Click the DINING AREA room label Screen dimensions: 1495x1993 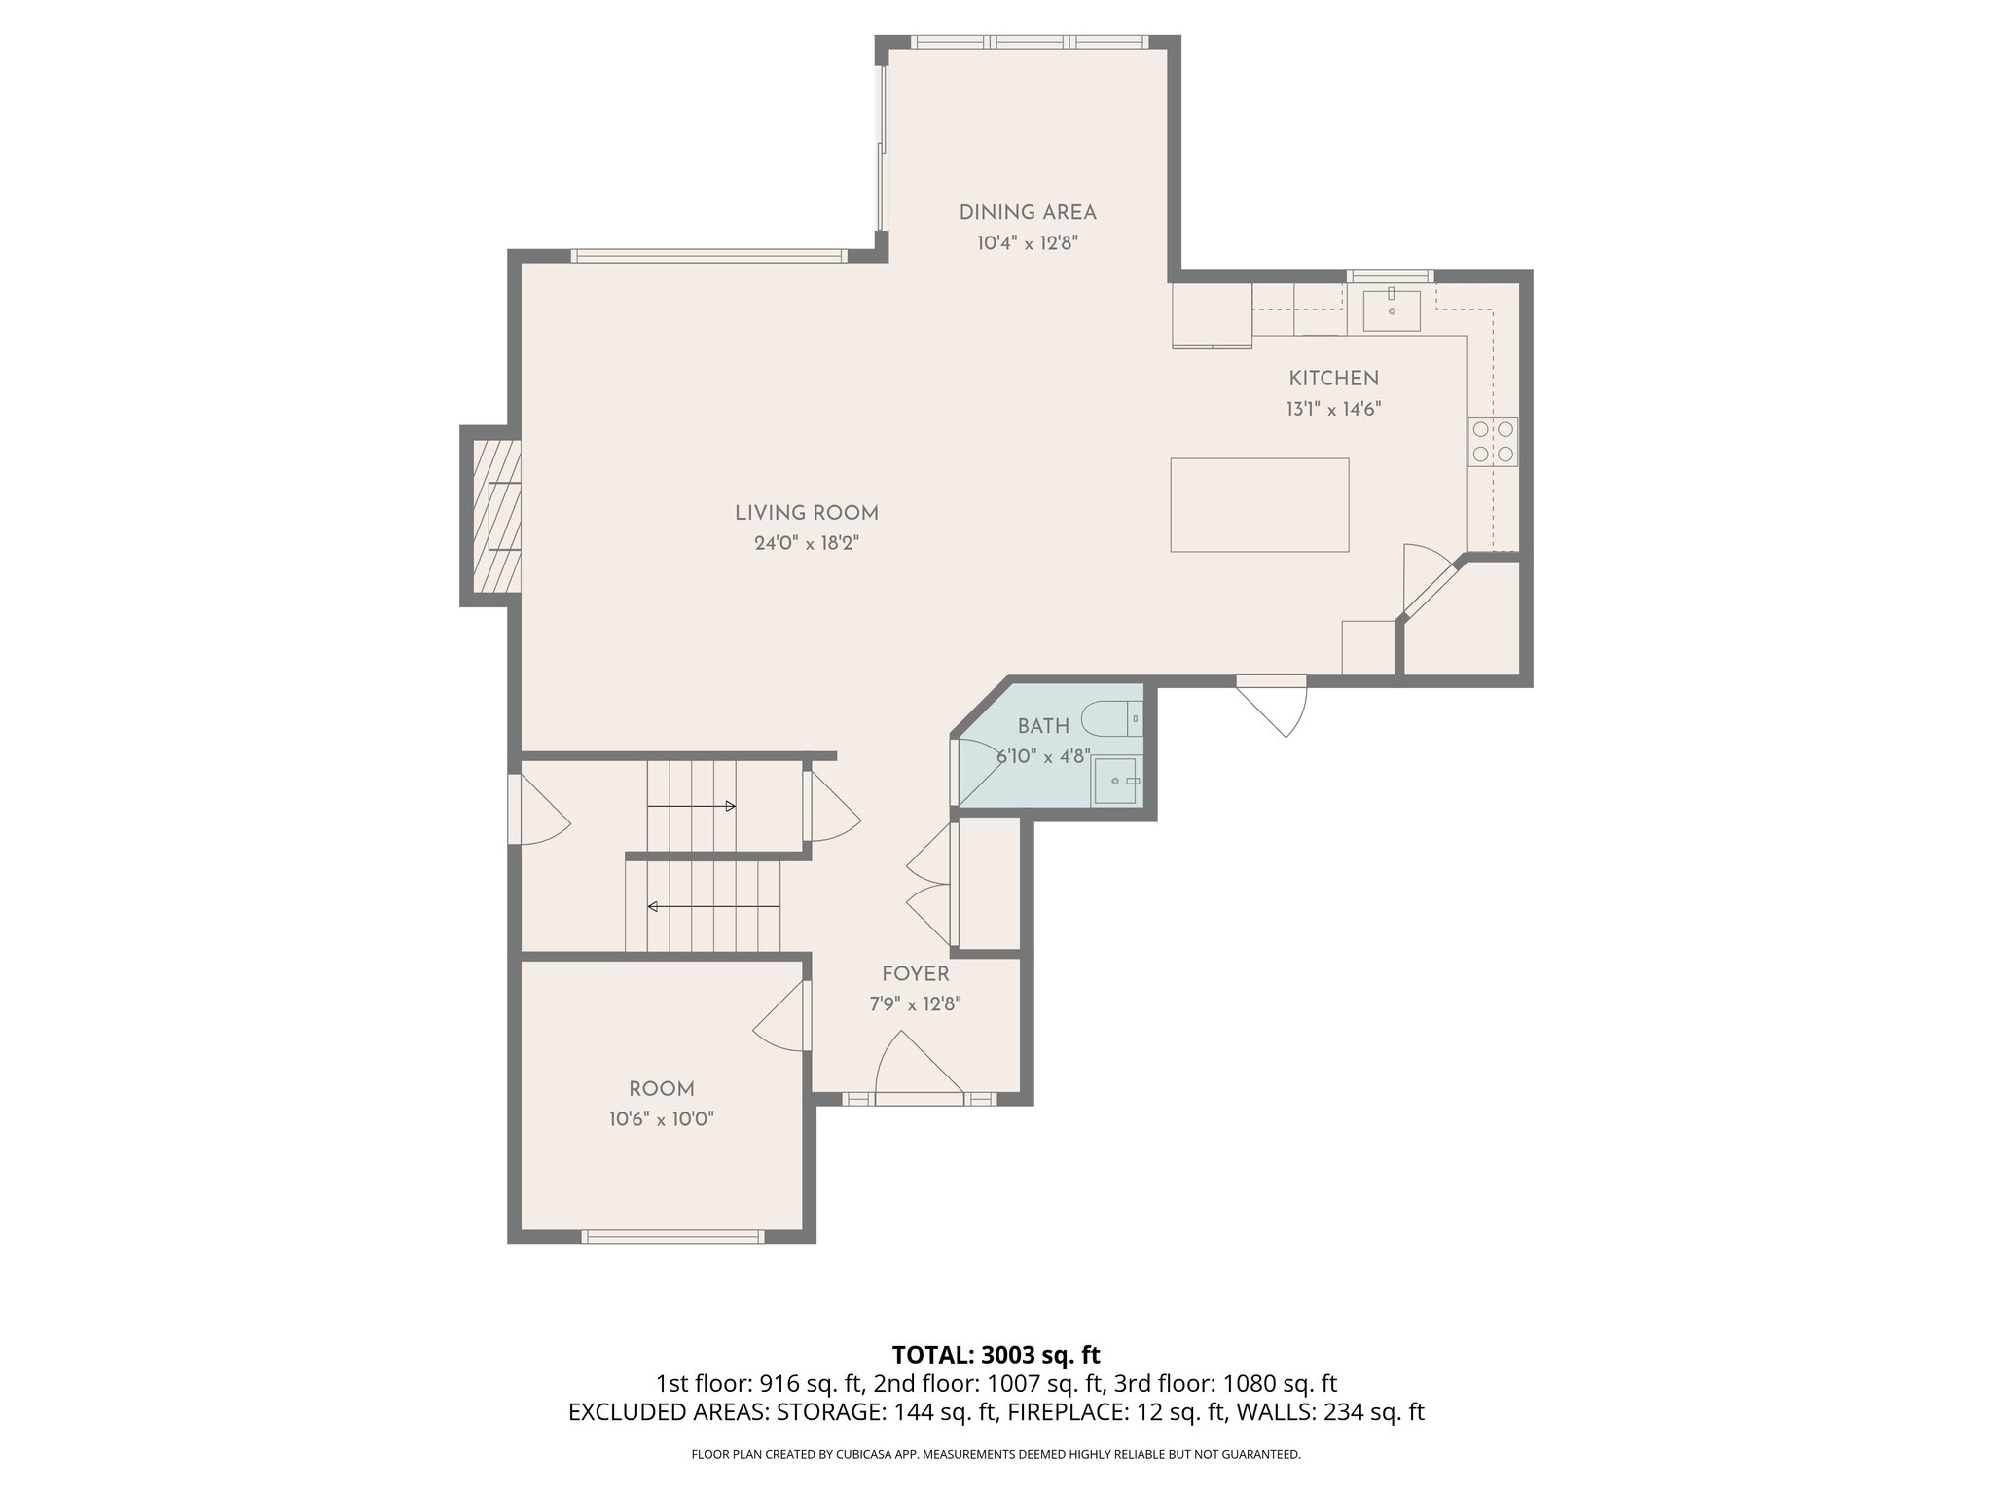click(x=1028, y=213)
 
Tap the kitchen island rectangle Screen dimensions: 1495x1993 click(x=1259, y=505)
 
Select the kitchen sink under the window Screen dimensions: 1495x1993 click(x=1391, y=310)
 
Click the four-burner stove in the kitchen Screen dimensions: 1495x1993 click(x=1492, y=441)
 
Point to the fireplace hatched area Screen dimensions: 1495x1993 click(x=497, y=516)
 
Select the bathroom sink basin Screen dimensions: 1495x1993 click(x=1115, y=781)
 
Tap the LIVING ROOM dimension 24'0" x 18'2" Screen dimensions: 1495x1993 click(x=807, y=543)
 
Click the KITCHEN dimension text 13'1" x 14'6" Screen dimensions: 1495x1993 click(x=1333, y=410)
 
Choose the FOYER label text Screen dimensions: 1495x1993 click(x=915, y=974)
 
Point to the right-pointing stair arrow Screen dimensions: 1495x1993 click(x=691, y=806)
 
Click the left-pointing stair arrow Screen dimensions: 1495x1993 click(x=713, y=907)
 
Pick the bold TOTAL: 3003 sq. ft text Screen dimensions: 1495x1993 click(x=996, y=1354)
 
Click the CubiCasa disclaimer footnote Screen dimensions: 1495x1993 click(x=996, y=1454)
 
